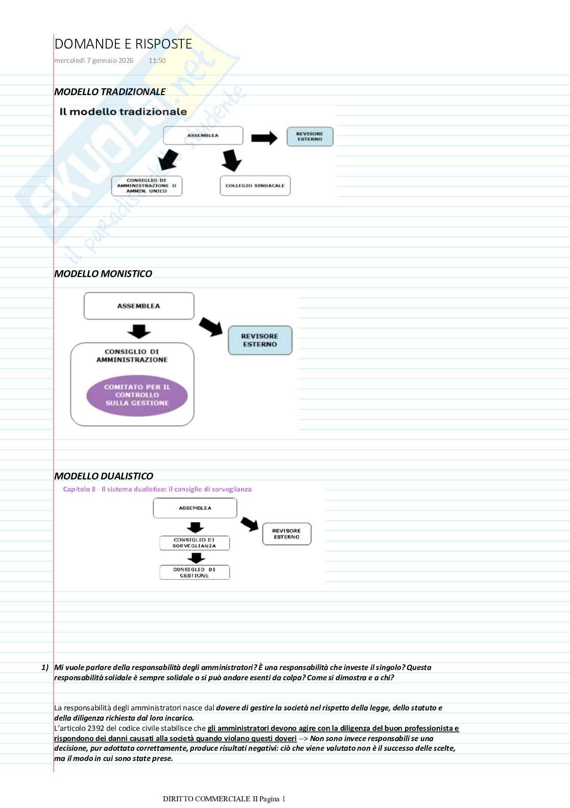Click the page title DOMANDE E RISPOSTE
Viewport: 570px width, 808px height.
click(x=123, y=44)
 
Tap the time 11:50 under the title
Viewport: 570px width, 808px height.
click(x=157, y=61)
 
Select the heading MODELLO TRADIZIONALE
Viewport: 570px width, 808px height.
click(x=110, y=92)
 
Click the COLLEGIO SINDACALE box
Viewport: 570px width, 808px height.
click(x=255, y=186)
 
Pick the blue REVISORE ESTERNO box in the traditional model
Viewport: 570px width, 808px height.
click(x=310, y=136)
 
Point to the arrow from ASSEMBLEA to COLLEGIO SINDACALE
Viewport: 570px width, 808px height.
click(x=231, y=160)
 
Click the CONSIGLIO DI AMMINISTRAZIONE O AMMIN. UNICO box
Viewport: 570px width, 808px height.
click(x=147, y=186)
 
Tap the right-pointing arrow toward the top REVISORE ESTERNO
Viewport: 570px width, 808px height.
click(x=264, y=137)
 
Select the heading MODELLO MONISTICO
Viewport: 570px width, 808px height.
click(x=103, y=274)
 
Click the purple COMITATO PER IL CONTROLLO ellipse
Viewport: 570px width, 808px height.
click(x=137, y=396)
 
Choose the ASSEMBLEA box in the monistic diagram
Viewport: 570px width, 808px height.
click(x=139, y=306)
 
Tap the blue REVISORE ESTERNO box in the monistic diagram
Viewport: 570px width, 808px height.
click(x=260, y=340)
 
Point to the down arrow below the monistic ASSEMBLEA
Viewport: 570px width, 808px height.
click(x=139, y=331)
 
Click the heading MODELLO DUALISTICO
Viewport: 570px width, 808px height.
click(x=104, y=476)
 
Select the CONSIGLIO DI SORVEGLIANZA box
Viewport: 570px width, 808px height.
click(x=194, y=543)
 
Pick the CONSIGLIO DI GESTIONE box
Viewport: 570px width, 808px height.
click(x=194, y=572)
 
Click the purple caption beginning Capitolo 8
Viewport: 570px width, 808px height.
click(x=157, y=489)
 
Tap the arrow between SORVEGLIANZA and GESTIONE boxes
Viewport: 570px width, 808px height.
click(x=196, y=558)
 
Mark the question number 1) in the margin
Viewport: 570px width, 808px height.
click(x=45, y=667)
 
